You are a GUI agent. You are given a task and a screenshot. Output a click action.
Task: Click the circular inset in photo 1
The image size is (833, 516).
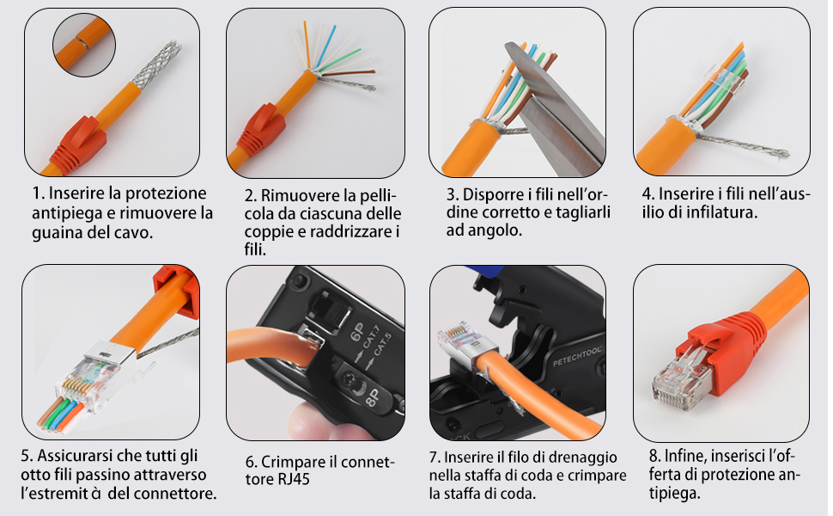click(x=83, y=42)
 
